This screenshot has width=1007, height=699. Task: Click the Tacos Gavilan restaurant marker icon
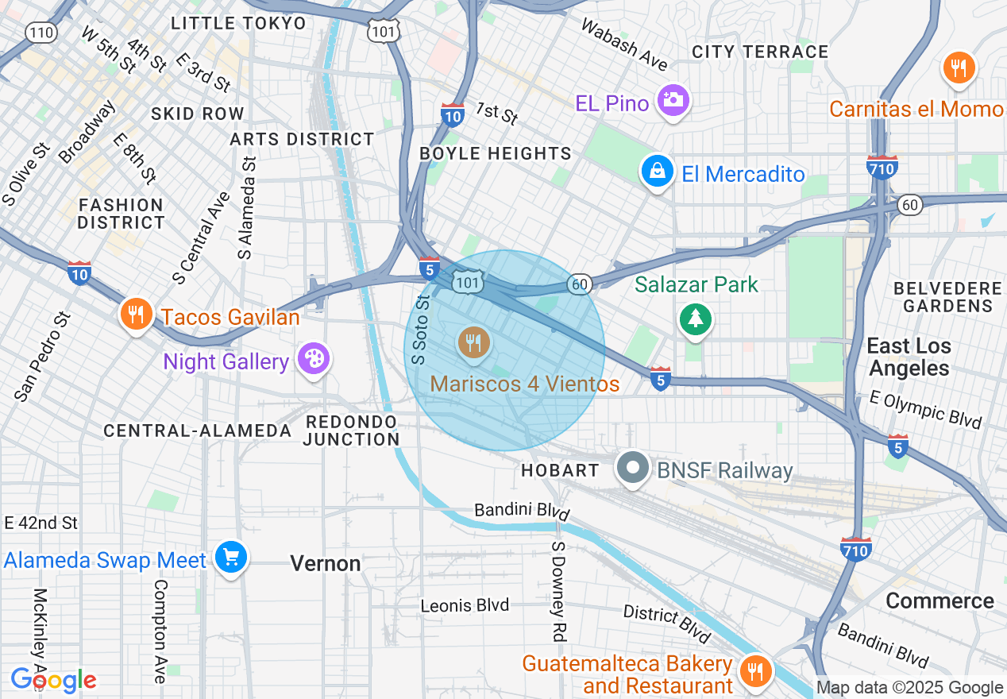(137, 315)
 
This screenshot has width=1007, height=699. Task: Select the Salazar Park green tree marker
(696, 319)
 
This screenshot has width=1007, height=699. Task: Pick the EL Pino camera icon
(673, 101)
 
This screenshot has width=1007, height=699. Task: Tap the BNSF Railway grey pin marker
(633, 469)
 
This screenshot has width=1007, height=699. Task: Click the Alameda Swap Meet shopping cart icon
(230, 558)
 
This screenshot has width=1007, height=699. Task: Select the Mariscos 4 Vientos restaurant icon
(474, 342)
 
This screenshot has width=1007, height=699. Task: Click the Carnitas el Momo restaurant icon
(959, 68)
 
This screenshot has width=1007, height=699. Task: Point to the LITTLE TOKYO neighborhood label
(238, 23)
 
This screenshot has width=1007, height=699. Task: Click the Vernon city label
(326, 564)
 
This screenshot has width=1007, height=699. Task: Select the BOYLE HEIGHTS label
(496, 153)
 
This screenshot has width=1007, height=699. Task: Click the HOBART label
(560, 470)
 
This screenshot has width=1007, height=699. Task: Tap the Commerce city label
(939, 601)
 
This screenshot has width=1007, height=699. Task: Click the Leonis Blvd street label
(465, 605)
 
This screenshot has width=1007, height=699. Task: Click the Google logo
(52, 680)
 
